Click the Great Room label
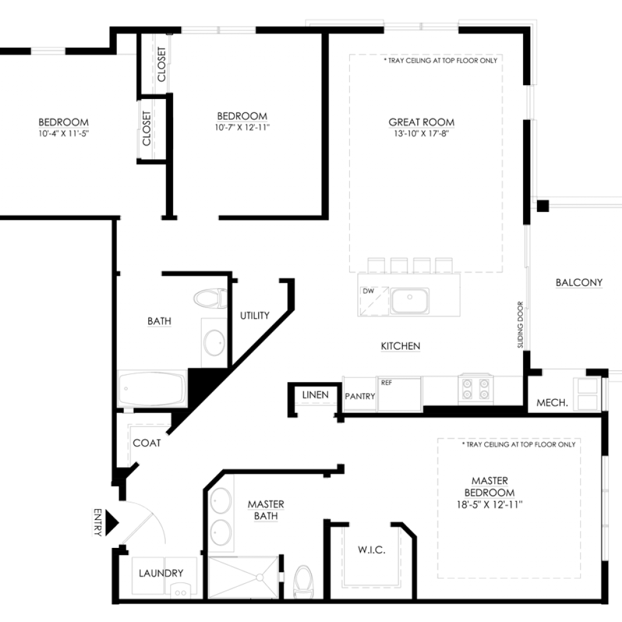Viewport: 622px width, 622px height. (422, 122)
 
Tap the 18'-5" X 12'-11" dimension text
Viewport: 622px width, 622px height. (490, 505)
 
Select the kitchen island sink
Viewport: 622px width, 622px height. (409, 301)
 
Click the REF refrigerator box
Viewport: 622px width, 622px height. (399, 394)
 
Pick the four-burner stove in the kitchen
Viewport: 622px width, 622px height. (476, 389)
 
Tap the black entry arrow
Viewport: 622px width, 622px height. (112, 523)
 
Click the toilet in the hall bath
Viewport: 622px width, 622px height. (210, 298)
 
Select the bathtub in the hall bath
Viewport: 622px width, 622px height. (152, 388)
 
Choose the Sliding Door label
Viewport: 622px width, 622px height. (521, 325)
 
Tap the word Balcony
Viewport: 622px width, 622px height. (579, 282)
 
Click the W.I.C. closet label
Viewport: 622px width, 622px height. (371, 550)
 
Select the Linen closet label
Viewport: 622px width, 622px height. (315, 395)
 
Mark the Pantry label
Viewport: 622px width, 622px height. (360, 396)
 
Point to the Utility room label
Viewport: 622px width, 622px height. (255, 315)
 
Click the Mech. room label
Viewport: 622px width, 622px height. (552, 403)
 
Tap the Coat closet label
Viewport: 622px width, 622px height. (147, 443)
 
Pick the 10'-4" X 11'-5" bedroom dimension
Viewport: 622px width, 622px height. (63, 133)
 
